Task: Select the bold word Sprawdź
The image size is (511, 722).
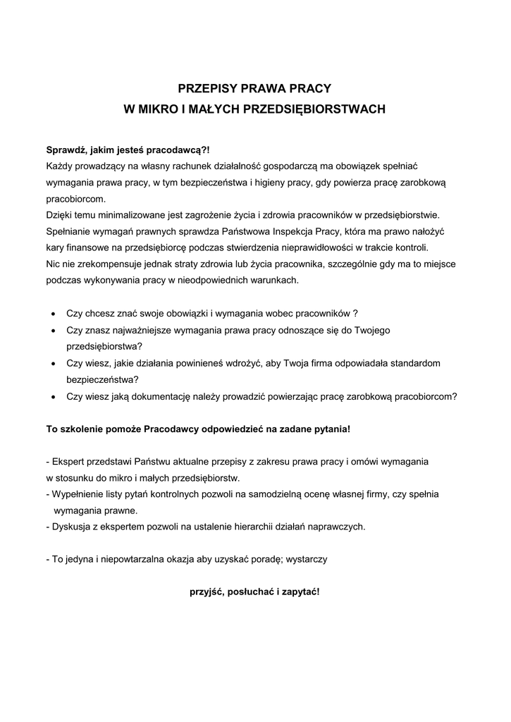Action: point(68,150)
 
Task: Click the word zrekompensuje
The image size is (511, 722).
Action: point(104,264)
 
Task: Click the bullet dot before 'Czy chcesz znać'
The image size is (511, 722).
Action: point(54,313)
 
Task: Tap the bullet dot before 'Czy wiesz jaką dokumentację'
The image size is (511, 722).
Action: point(54,397)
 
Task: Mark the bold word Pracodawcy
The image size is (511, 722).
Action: point(173,429)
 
